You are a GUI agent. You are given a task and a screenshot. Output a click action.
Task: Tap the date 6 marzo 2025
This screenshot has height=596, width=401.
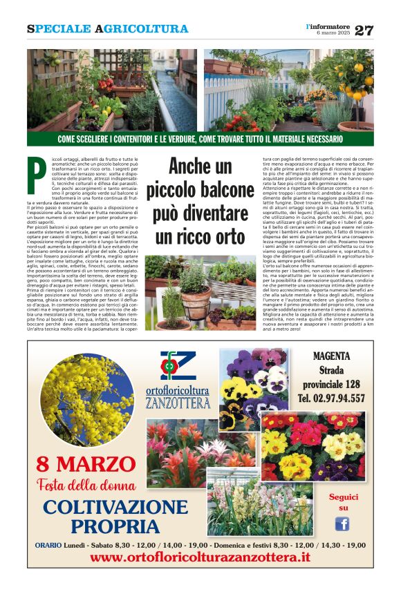click(x=333, y=33)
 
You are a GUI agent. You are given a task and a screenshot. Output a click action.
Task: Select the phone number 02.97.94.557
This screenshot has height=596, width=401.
click(x=331, y=398)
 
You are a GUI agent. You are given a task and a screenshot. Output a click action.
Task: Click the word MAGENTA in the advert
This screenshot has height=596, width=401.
click(x=331, y=356)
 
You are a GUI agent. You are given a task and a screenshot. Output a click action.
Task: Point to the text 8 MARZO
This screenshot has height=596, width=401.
click(x=82, y=463)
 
